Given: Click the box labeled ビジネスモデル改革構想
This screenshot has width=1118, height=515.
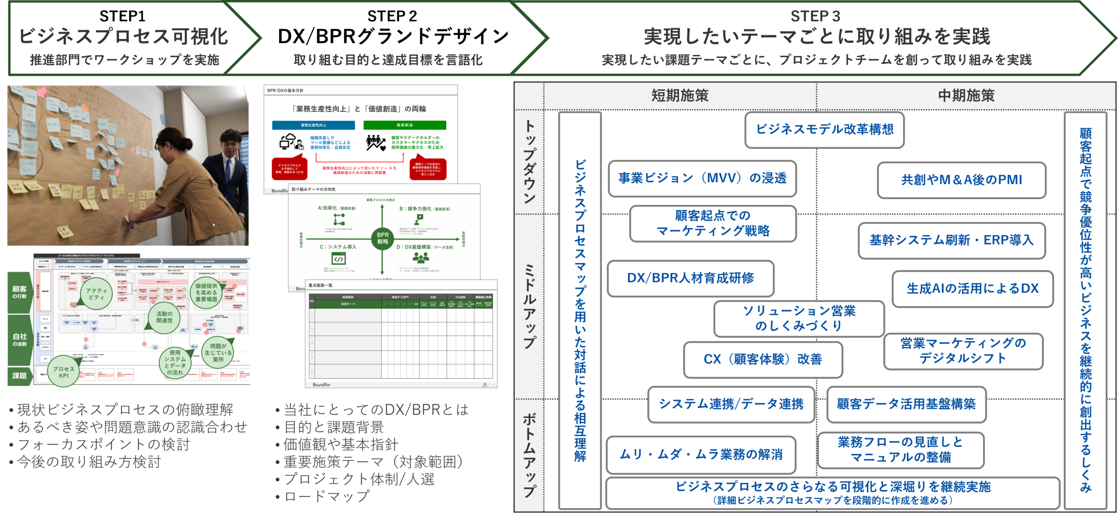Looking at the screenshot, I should pos(824,130).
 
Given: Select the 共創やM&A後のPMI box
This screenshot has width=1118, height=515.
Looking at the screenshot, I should pos(961,180).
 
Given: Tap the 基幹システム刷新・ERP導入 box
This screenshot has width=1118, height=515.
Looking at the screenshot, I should pos(951,240).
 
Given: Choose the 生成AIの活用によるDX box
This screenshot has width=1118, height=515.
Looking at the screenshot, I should pos(973,289).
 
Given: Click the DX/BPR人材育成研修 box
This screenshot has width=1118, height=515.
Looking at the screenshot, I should pos(690,278).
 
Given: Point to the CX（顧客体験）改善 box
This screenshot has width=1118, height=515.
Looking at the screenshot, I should pos(763,359).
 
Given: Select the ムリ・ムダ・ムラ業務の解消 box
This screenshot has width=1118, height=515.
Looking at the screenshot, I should pos(700,455).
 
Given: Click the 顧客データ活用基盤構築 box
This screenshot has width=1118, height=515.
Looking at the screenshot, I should pos(906,404).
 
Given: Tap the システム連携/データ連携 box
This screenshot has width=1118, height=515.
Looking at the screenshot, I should pos(731,404).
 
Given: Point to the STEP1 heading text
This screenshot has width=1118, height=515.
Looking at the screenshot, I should pos(122,16).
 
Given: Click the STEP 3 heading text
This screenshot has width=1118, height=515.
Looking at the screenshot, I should pos(815,16).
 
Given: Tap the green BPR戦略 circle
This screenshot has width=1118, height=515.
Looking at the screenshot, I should pos(383,238).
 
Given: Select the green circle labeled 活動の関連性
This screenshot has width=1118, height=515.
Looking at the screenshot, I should pos(164,318).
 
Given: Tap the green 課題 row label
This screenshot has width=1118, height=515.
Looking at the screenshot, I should pos(19,376).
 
